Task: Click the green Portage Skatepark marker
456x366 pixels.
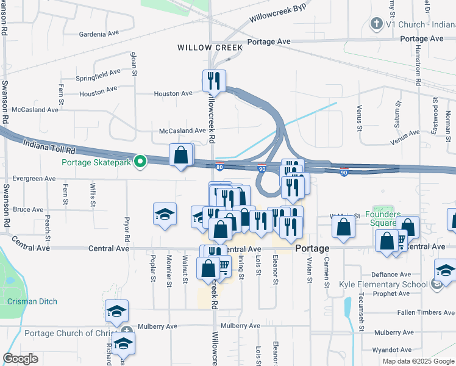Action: pyautogui.click(x=140, y=162)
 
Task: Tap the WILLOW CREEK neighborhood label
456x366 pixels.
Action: pyautogui.click(x=210, y=47)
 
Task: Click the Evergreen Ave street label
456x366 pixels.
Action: pyautogui.click(x=29, y=179)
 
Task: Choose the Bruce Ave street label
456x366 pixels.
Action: pyautogui.click(x=28, y=209)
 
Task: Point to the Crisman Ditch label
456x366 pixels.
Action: pyautogui.click(x=32, y=301)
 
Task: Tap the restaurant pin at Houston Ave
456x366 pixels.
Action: pyautogui.click(x=214, y=81)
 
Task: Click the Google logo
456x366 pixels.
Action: pyautogui.click(x=21, y=359)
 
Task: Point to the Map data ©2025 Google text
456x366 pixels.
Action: pyautogui.click(x=417, y=361)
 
